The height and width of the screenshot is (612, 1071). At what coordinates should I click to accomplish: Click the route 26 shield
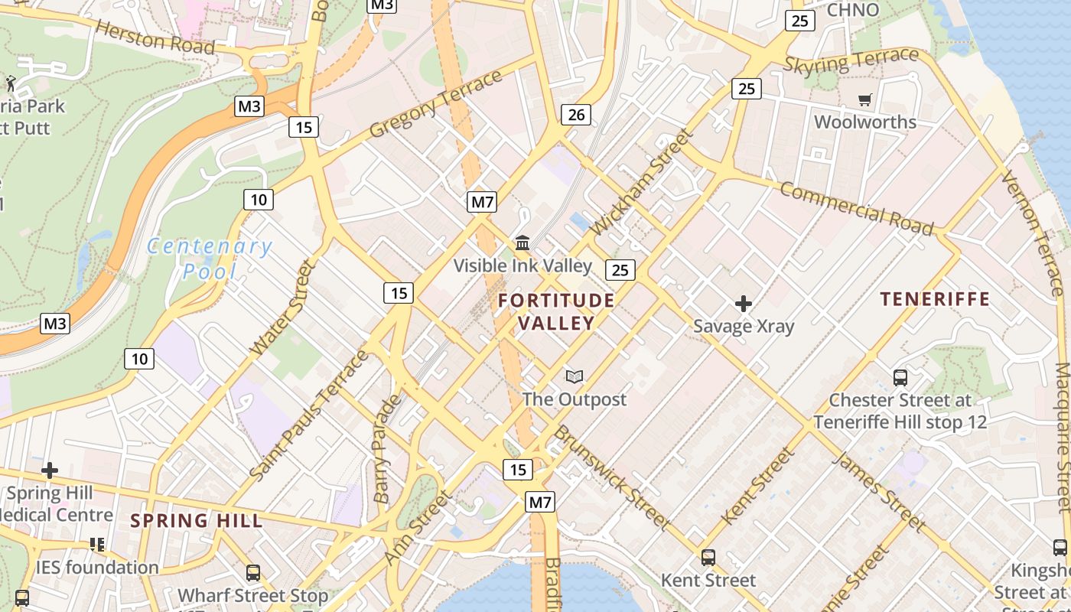(576, 115)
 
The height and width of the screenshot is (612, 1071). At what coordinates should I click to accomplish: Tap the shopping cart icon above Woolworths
(865, 99)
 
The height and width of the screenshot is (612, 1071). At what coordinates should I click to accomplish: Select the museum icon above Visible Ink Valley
(523, 243)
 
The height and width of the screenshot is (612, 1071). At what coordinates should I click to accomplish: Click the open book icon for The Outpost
(575, 376)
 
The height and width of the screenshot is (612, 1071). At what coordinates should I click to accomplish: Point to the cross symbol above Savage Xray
(743, 304)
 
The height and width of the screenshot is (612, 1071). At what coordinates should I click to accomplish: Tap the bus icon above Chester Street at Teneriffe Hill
(900, 377)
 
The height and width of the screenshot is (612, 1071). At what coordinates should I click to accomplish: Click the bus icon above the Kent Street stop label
(708, 558)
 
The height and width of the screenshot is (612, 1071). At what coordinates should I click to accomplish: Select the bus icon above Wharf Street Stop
(252, 572)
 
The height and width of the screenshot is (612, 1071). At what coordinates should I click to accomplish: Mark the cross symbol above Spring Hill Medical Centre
(50, 470)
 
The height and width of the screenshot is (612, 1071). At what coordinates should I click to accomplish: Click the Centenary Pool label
(209, 259)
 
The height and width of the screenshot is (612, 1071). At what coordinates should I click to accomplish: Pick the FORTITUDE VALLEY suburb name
(556, 311)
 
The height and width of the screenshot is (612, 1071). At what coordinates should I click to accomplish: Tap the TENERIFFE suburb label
(935, 299)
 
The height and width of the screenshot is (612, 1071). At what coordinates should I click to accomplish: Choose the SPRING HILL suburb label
(196, 521)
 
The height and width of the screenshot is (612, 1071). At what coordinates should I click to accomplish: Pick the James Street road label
(878, 491)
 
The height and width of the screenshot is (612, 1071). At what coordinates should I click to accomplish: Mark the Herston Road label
(155, 38)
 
